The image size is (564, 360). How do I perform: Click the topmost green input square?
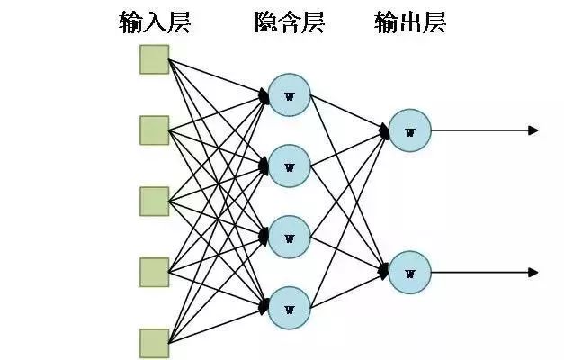click(x=154, y=60)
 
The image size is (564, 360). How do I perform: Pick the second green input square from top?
click(x=154, y=130)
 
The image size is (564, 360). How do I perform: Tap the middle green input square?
click(x=154, y=201)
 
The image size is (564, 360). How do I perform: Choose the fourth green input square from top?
click(x=154, y=271)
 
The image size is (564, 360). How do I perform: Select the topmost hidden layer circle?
click(x=289, y=94)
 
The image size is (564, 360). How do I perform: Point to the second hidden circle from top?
click(x=289, y=166)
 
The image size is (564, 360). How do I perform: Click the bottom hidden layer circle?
click(x=289, y=308)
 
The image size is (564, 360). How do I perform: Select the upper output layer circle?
click(x=410, y=130)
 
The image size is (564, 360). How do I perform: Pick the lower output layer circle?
click(x=410, y=272)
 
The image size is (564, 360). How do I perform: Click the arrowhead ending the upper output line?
click(x=533, y=130)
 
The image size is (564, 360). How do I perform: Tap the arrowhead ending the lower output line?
click(x=533, y=272)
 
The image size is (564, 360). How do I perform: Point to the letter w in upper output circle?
click(x=410, y=131)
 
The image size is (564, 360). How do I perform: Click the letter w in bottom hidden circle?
click(x=289, y=309)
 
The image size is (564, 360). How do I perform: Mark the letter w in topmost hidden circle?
click(x=289, y=95)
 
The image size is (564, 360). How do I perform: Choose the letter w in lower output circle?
click(x=410, y=273)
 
